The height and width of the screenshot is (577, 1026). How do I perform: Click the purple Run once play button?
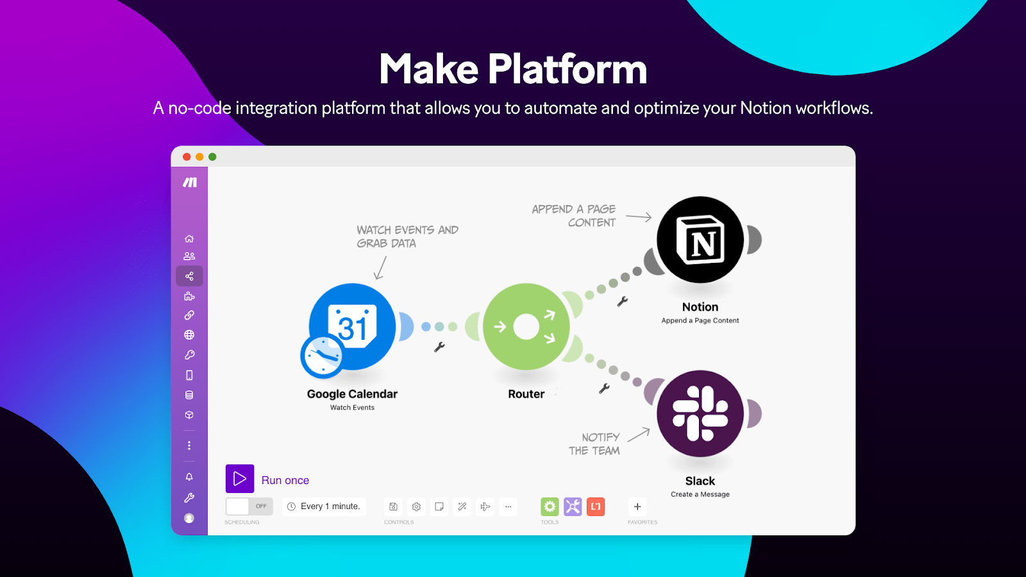coord(240,479)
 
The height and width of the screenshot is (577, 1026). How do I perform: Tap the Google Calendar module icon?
coord(353,326)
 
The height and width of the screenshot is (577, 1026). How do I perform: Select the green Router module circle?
coord(526,326)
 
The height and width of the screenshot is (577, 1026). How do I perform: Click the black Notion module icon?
coord(700,240)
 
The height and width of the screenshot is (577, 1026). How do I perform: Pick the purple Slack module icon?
coord(700,414)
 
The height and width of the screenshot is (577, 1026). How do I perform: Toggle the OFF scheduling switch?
coord(249,506)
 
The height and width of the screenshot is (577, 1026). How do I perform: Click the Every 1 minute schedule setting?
coord(324,506)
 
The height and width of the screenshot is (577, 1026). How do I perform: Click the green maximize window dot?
coord(212,157)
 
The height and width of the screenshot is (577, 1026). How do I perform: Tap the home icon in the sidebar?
coord(189,238)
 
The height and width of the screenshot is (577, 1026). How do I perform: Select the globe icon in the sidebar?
coord(189,335)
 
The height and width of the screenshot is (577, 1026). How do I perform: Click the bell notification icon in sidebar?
coord(189,477)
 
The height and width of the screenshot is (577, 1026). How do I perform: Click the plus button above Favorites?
coord(637,506)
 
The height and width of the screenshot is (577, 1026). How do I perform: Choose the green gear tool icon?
coord(550,506)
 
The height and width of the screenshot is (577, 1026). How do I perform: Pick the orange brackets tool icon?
coord(596,506)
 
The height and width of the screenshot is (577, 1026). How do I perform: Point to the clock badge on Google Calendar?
coord(322,356)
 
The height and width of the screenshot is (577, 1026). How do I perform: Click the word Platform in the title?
coord(568,69)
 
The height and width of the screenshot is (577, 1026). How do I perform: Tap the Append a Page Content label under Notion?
coord(700,321)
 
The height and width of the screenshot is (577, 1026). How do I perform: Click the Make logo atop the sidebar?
coord(190,183)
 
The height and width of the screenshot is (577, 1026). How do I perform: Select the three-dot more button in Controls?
coord(509,506)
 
